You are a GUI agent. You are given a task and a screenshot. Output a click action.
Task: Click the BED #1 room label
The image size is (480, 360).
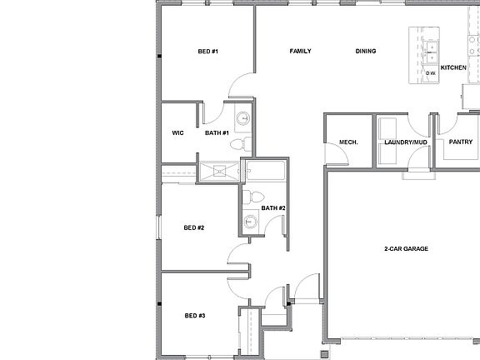point(207,52)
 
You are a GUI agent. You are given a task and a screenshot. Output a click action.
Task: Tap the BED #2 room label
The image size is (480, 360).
point(194,227)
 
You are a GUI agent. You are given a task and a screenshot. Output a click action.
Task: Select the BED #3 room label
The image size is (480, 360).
point(195,316)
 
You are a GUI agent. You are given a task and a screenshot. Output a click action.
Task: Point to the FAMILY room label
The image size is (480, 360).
point(300,52)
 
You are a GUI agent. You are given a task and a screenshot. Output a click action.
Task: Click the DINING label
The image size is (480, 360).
point(365,52)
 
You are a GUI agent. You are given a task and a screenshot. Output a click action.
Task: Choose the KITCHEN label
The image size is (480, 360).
point(453,67)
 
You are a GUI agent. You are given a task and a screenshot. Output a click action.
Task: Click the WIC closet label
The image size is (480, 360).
point(177,132)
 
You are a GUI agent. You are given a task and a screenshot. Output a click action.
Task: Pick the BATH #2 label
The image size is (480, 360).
point(273,207)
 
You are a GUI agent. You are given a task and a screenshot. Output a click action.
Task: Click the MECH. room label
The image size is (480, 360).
point(348,142)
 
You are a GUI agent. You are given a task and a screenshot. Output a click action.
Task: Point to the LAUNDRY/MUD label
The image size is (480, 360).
point(406,142)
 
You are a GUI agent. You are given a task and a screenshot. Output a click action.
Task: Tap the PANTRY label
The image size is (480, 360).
point(460,142)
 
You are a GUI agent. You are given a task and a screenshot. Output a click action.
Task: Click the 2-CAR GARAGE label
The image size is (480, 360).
point(405,249)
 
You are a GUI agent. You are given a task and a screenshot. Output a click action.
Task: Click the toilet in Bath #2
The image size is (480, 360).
point(248,197)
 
